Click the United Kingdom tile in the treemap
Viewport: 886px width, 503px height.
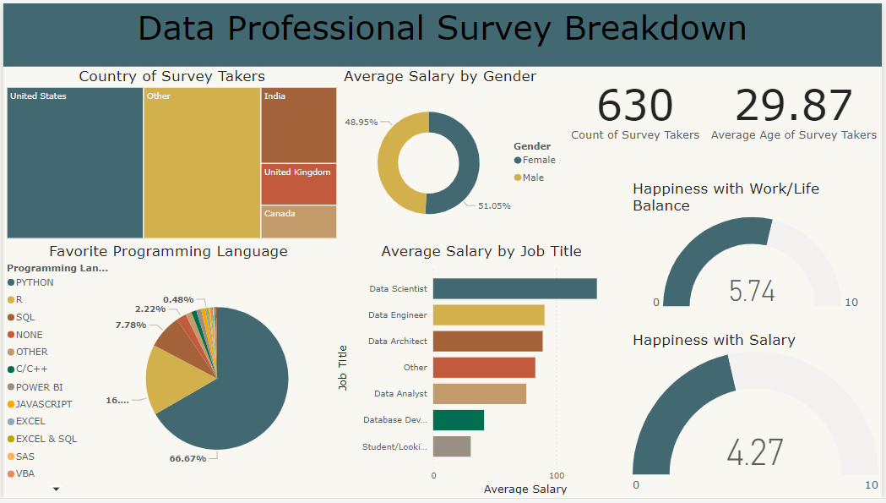pos(299,183)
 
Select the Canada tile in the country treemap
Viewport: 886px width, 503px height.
pos(299,221)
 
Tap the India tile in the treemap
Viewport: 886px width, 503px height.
pos(299,124)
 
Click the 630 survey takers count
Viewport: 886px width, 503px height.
pos(635,107)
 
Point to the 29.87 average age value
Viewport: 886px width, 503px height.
pos(793,107)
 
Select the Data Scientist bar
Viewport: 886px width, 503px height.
pos(514,288)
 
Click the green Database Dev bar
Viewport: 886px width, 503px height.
pos(459,420)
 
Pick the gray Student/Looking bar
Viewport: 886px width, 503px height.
pos(452,446)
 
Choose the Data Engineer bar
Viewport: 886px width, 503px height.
pos(488,314)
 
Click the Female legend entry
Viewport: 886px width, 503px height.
pos(538,160)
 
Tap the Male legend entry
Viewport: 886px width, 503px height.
pos(532,178)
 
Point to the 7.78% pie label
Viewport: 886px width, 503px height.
pos(130,325)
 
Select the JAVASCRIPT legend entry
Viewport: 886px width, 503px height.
pos(43,404)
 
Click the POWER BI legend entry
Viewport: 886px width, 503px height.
pos(39,387)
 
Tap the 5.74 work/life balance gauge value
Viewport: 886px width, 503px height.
pos(752,291)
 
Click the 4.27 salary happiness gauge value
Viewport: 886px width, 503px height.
pos(755,452)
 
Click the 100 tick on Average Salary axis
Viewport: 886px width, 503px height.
pos(557,475)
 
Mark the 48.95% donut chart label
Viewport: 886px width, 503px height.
pos(361,122)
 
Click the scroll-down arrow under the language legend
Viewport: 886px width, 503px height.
pos(57,489)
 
